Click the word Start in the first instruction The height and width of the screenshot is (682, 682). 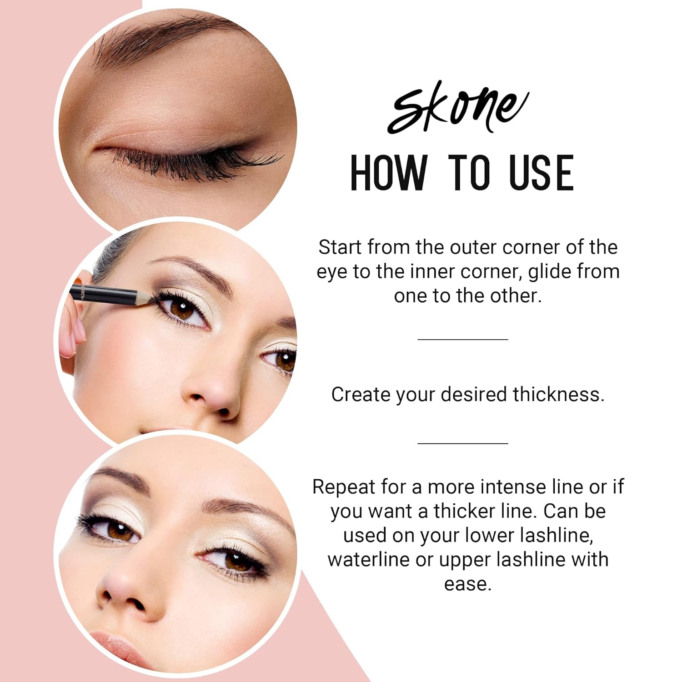coord(341,247)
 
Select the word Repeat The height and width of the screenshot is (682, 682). coord(344,487)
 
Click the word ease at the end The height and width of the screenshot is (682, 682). coord(468,583)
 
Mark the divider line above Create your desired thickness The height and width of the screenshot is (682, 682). coord(462,339)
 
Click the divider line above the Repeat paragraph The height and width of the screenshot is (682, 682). coord(462,443)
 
